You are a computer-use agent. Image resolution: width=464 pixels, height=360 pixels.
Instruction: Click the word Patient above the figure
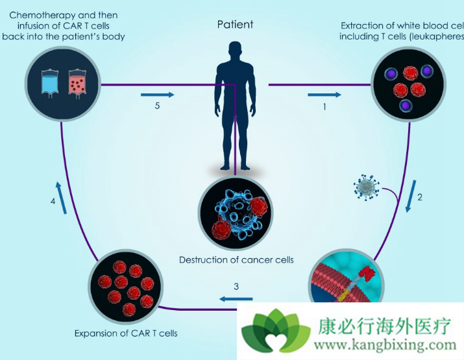pos(235,25)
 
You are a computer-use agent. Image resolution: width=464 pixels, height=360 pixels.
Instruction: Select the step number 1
pos(324,108)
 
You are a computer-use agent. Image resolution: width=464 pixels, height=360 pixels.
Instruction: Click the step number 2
pos(420,197)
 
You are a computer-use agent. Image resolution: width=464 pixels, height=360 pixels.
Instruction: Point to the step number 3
pos(236,286)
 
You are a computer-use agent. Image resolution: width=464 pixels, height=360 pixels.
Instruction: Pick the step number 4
pos(53,202)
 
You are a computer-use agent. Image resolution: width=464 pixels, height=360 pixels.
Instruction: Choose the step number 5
pos(158,107)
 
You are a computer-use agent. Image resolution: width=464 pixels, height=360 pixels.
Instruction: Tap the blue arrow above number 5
pos(158,95)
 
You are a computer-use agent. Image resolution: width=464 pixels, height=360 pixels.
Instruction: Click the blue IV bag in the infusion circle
pos(49,84)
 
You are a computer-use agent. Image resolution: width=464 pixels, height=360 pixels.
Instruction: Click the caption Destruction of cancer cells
pos(236,259)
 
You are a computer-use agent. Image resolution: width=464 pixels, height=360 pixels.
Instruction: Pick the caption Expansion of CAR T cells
pos(126,333)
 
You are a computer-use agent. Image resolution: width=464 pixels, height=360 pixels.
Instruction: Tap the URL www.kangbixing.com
pos(387,345)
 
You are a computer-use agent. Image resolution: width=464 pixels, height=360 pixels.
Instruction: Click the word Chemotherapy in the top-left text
pos(40,14)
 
